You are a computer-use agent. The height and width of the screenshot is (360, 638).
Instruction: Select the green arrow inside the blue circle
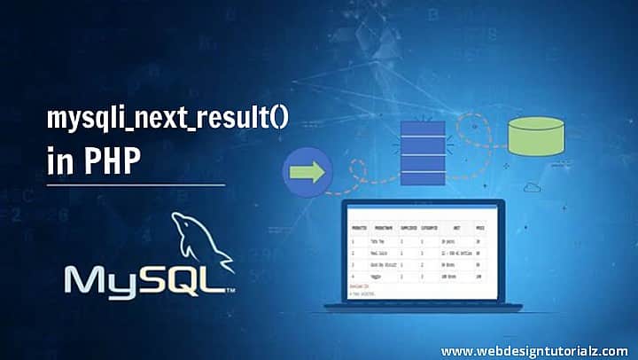[x=306, y=169]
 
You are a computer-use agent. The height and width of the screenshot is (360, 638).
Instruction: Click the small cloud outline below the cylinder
[x=533, y=186]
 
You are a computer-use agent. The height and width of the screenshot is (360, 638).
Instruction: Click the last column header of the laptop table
[x=479, y=226]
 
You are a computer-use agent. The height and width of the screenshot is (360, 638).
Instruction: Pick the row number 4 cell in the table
[x=354, y=276]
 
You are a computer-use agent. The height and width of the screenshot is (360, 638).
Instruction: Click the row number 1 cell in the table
[x=354, y=239]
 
